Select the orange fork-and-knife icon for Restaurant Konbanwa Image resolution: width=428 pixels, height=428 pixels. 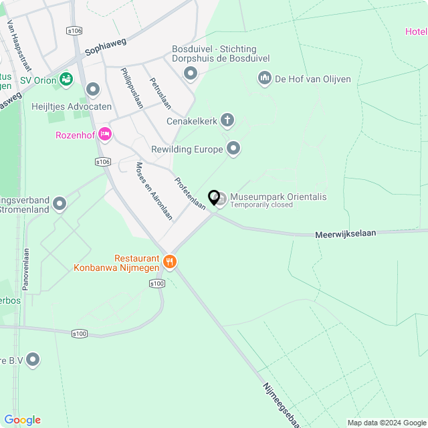pos(170,261)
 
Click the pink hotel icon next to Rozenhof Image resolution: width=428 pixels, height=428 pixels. pos(104,134)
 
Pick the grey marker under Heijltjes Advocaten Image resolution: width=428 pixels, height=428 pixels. pos(93,89)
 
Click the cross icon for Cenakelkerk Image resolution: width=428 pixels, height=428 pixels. pos(228,121)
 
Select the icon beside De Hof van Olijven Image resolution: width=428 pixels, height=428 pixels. pos(264,79)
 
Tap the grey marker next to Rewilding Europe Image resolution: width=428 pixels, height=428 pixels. pos(233,148)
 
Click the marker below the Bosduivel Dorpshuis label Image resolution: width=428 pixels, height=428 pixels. pos(191,73)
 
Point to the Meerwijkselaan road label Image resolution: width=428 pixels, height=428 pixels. pos(345,233)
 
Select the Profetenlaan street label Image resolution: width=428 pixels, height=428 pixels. pos(190,194)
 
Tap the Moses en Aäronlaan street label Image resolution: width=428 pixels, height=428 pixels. pos(154,191)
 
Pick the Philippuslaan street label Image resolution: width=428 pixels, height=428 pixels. pos(132,88)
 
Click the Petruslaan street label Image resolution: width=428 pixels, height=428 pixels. pos(160,94)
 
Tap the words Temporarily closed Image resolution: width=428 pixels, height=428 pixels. pos(261,205)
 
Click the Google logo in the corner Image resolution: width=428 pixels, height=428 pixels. pos(22,420)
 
